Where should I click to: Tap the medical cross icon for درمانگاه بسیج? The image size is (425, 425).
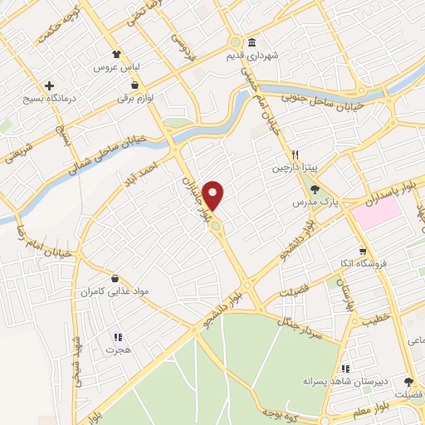[50, 85]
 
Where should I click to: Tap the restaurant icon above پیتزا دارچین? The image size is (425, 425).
[294, 154]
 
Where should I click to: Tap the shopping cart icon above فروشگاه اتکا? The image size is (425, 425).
[362, 252]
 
